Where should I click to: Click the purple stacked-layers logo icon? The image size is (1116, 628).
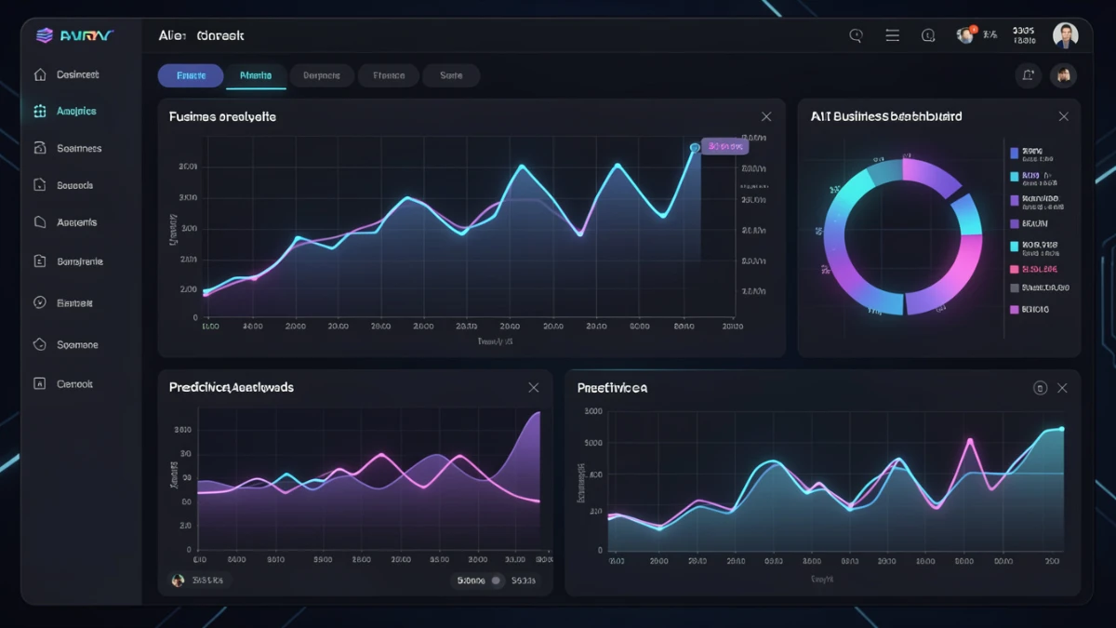(x=44, y=35)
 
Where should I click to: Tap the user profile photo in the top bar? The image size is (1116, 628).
(x=1065, y=35)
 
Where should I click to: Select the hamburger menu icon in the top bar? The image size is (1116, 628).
(x=892, y=35)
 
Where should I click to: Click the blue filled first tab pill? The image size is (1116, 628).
(x=191, y=75)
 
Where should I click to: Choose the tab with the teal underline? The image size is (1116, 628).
(x=256, y=75)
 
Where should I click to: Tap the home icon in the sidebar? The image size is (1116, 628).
(x=40, y=74)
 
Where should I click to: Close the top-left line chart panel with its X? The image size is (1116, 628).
(x=766, y=116)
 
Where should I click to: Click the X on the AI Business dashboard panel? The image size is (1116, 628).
(x=1063, y=116)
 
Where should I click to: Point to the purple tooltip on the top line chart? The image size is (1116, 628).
(x=724, y=146)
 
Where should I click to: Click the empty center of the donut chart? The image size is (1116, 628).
(x=902, y=236)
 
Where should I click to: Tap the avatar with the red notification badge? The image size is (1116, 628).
(x=965, y=35)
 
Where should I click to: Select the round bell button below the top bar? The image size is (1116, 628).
(x=1028, y=75)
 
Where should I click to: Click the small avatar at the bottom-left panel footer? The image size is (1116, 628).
(x=178, y=580)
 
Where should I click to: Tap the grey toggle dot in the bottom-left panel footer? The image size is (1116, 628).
(x=497, y=581)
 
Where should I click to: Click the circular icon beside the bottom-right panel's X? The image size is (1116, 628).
(x=1040, y=388)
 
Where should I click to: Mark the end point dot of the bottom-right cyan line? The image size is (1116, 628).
(x=1061, y=429)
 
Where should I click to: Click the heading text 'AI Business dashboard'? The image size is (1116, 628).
(x=885, y=116)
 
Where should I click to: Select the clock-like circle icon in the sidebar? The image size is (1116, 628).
(x=40, y=302)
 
